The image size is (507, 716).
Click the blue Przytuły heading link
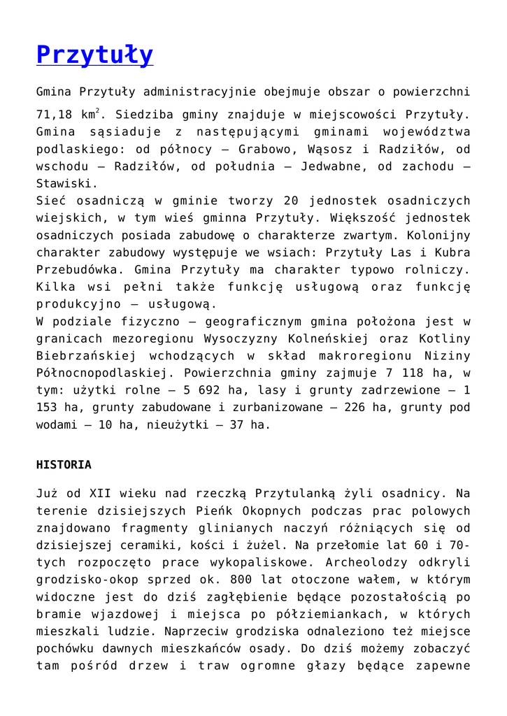click(x=94, y=55)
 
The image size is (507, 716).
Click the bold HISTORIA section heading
click(x=64, y=465)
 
